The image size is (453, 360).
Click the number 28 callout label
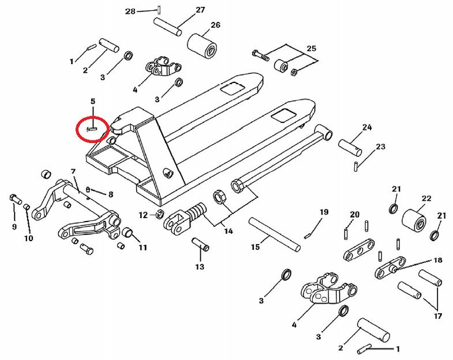pos(130,11)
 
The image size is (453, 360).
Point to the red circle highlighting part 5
pos(92,129)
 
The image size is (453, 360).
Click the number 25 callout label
pos(311,48)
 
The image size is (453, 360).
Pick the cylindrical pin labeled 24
pos(350,147)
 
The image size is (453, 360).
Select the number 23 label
pos(380,147)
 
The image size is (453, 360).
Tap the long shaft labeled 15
pos(275,234)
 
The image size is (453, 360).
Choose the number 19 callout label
pos(324,212)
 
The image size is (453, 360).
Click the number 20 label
pos(354,215)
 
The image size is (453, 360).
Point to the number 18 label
pos(437,260)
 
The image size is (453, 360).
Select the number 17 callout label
pos(437,316)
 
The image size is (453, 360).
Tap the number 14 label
pos(229,231)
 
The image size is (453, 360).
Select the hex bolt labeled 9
pos(14,200)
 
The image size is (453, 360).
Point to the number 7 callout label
pos(73,171)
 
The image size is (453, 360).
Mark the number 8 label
pos(110,194)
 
